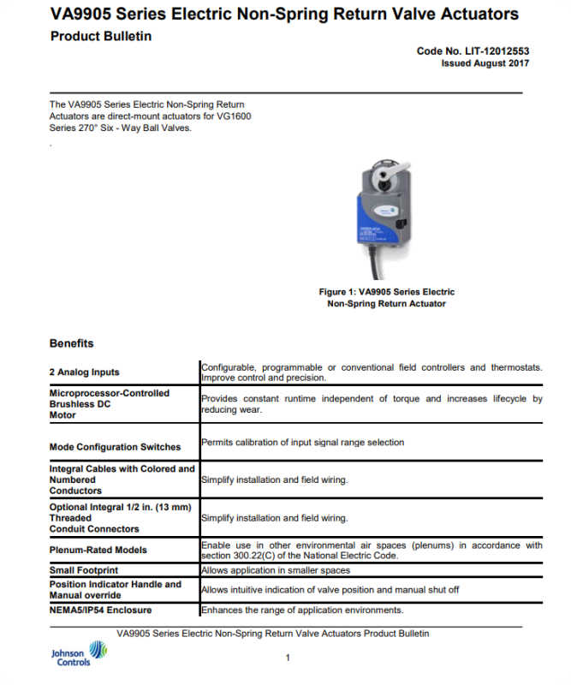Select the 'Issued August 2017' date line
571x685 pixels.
485,63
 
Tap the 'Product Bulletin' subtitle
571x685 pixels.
101,36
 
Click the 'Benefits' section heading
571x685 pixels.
72,343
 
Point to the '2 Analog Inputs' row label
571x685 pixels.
85,372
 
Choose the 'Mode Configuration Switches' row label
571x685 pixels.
116,447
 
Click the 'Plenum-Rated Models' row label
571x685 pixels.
98,550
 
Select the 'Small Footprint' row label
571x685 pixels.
84,569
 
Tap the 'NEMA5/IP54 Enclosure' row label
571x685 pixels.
101,610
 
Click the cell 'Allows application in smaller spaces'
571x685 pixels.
275,569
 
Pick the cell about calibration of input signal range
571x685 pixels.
302,443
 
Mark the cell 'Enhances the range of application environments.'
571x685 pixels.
301,610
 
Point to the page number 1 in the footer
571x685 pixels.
288,658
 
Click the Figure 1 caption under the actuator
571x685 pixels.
387,298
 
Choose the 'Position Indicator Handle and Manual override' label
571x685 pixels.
116,589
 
